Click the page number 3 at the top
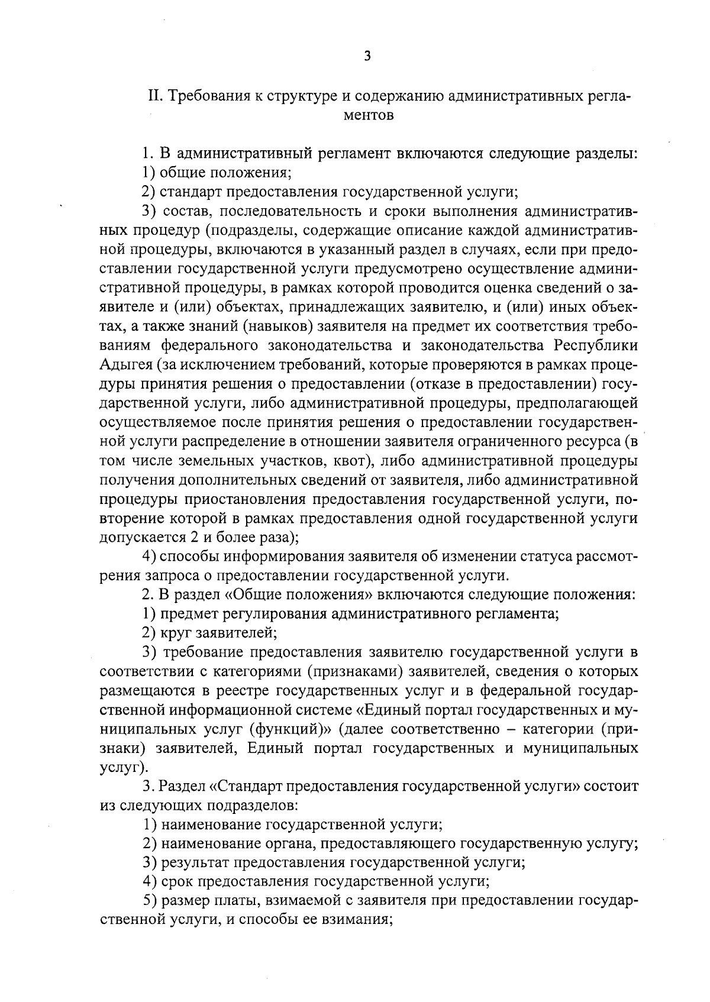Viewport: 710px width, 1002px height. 367,57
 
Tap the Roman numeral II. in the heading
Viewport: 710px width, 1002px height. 156,96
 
